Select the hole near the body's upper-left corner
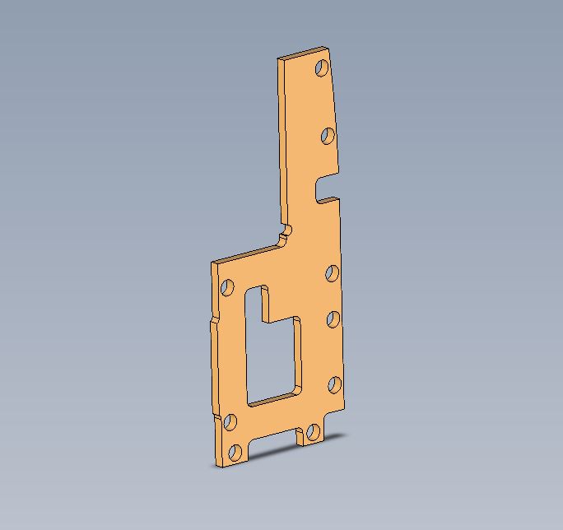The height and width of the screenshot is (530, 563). tap(228, 287)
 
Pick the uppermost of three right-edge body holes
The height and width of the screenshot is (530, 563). tap(333, 273)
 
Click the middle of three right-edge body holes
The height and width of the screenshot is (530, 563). tap(333, 318)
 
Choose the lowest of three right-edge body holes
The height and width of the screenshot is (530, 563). tap(334, 384)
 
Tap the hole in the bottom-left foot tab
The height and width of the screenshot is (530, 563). tap(235, 452)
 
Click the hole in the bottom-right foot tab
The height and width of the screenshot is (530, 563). tap(313, 432)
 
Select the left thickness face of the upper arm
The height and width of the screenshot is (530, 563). tap(282, 140)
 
